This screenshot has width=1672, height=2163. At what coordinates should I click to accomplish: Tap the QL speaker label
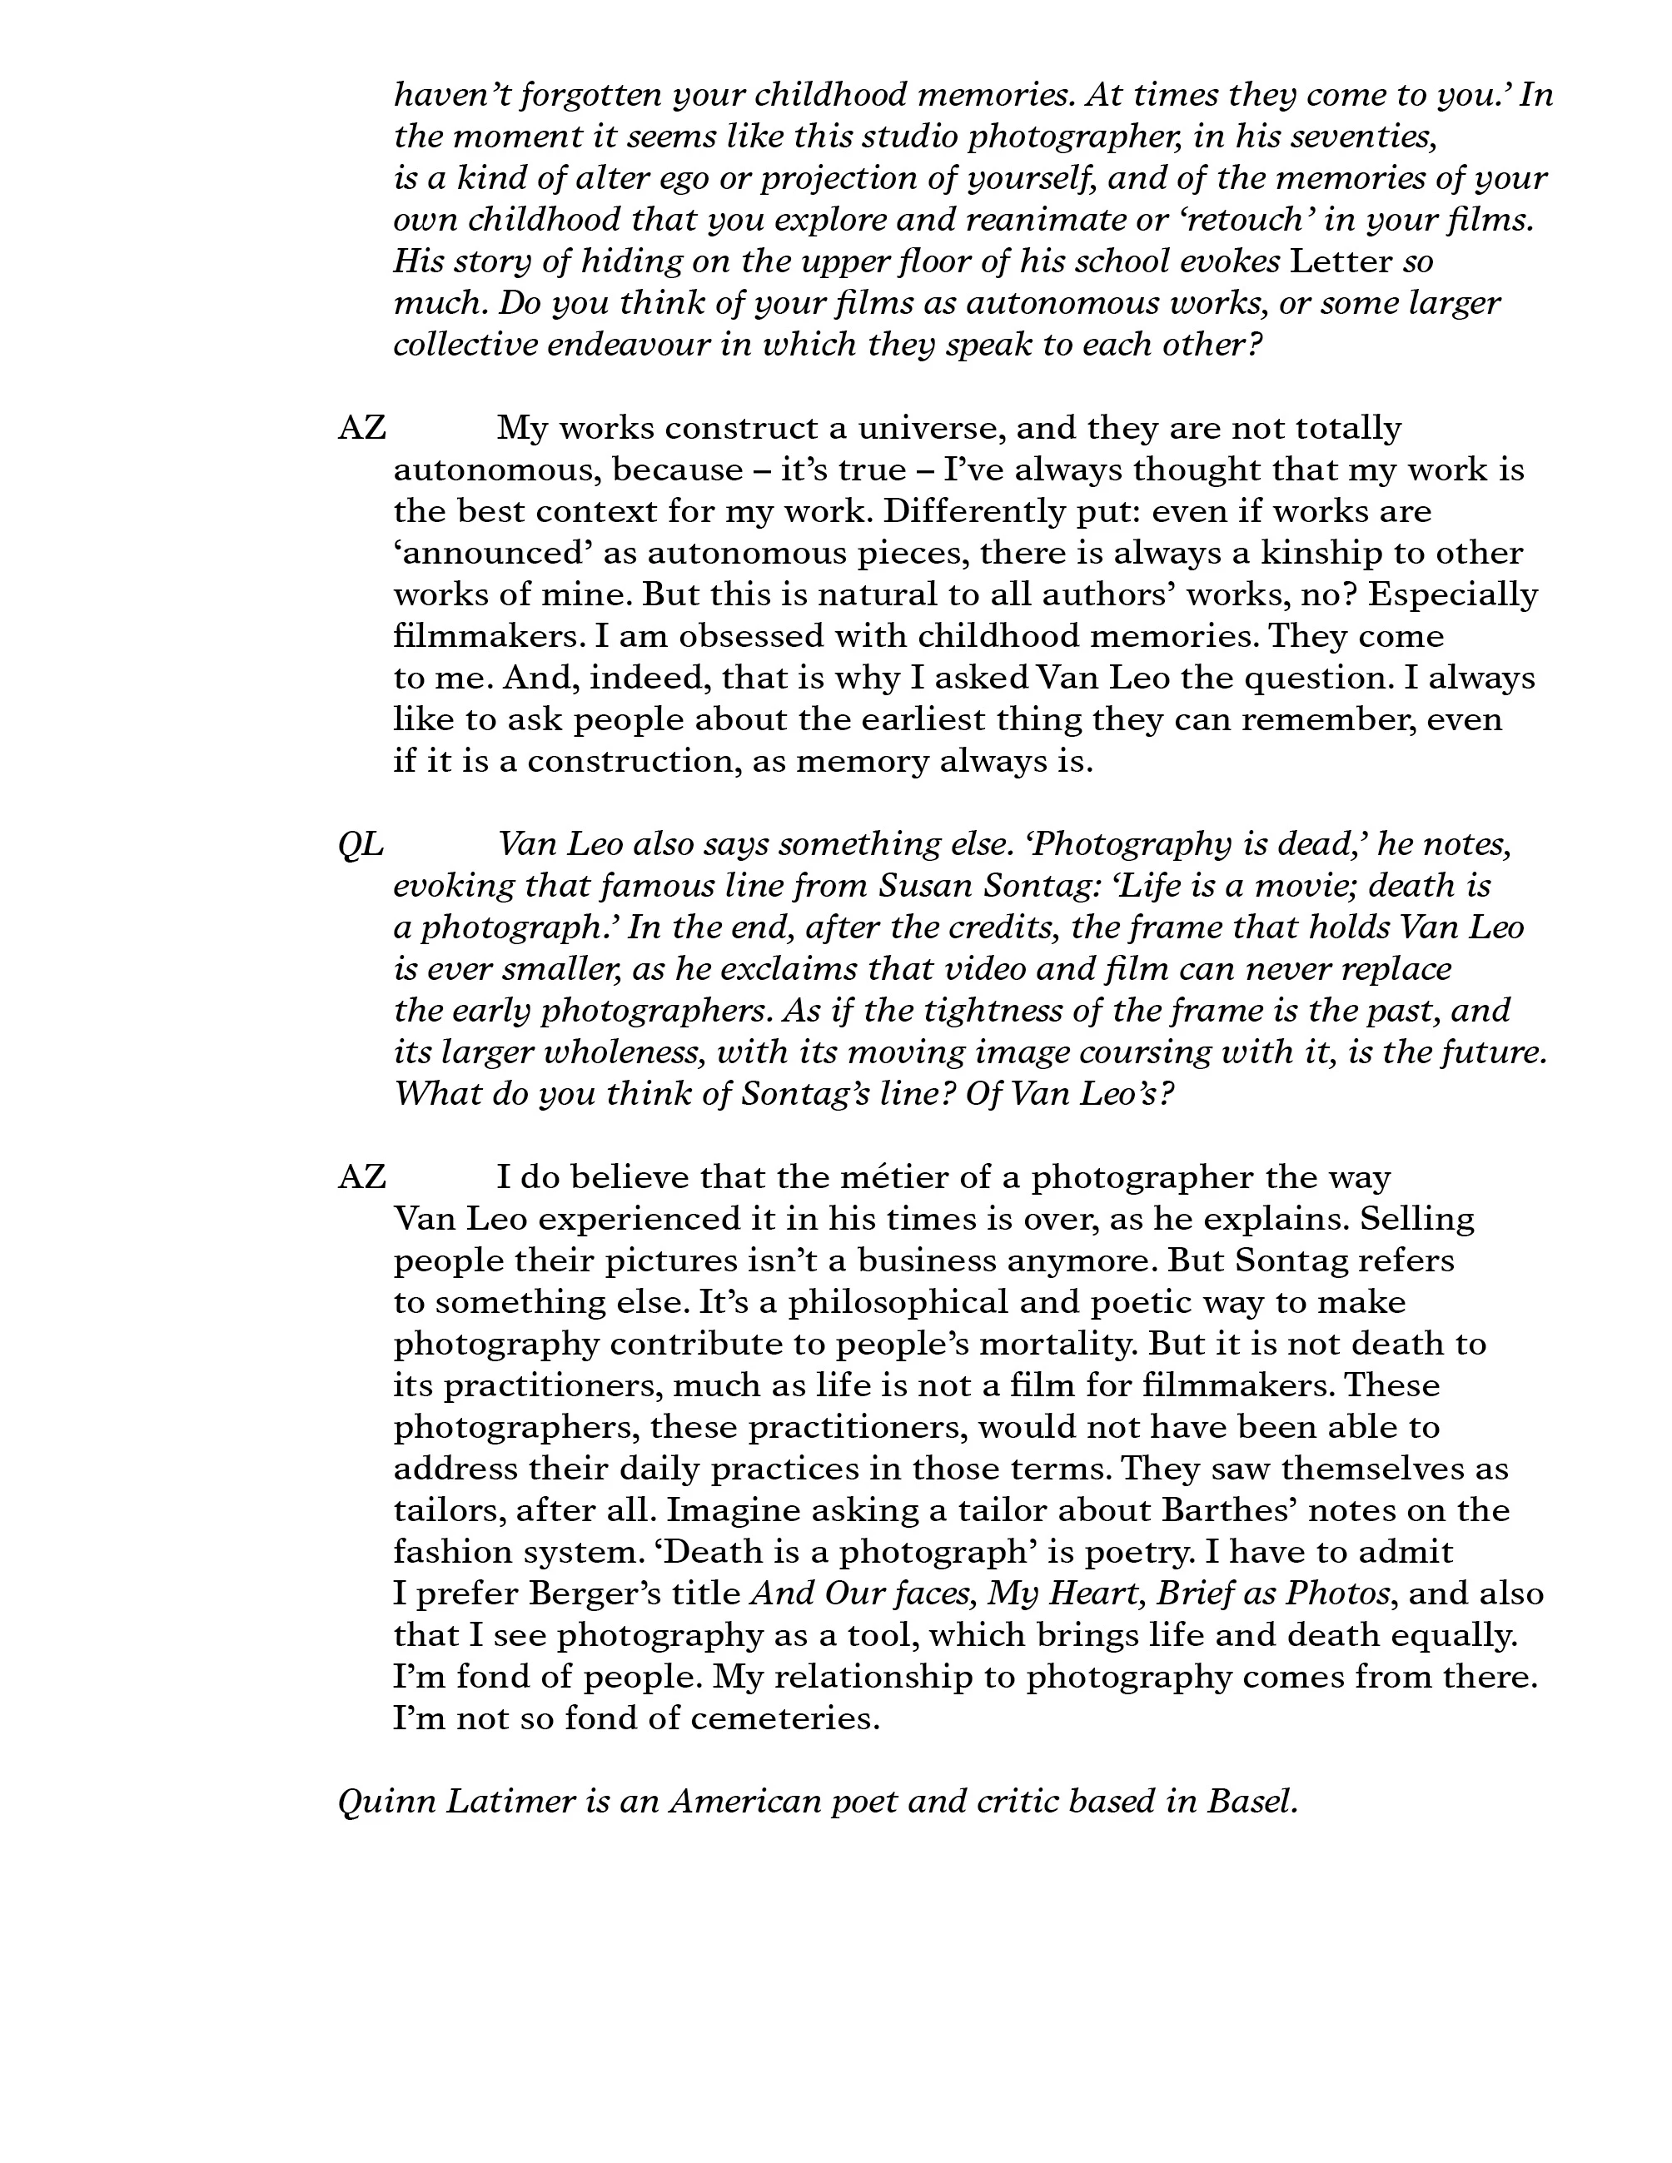coord(361,845)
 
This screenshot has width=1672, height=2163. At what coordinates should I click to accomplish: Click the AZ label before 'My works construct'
coord(361,428)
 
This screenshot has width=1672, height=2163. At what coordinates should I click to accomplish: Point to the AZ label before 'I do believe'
coord(361,1177)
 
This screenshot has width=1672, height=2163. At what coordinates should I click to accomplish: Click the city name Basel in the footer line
coord(1252,1802)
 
